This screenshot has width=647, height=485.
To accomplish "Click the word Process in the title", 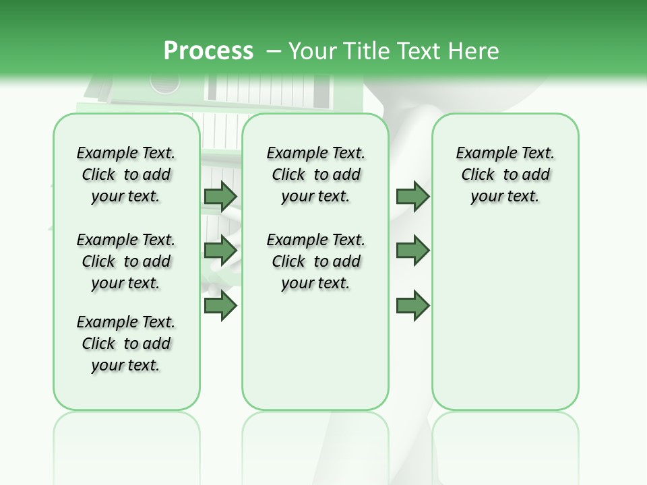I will point(208,51).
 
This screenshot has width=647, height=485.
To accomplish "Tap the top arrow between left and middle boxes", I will point(220,196).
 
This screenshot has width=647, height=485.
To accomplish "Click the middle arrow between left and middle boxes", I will point(220,250).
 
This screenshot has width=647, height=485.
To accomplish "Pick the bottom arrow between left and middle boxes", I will point(220,306).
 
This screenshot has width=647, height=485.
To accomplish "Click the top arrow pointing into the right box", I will point(412,196).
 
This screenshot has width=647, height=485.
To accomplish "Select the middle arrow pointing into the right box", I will point(412,250).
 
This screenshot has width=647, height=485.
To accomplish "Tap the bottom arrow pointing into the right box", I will point(412,306).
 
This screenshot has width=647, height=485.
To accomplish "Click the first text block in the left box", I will point(126,174).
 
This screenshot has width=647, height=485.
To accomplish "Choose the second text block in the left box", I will point(126,261).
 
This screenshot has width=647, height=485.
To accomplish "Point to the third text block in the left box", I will point(126,344).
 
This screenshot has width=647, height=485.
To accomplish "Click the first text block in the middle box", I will point(315,174).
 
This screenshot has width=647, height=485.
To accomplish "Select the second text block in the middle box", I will point(315,261).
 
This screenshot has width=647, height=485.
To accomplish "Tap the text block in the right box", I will point(505,174).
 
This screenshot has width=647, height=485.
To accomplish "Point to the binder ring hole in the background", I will point(165,83).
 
